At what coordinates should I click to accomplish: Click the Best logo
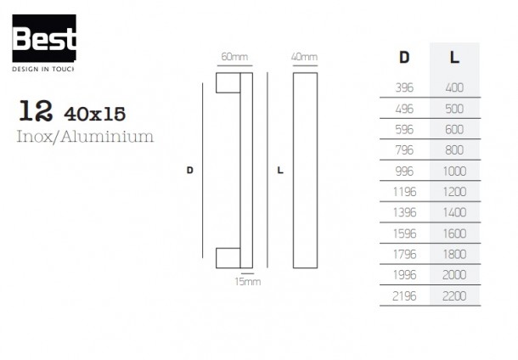pyautogui.click(x=44, y=42)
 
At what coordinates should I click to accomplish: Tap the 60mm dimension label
pyautogui.click(x=234, y=57)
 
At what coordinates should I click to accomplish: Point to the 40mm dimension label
pyautogui.click(x=304, y=57)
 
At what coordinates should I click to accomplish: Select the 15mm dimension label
pyautogui.click(x=248, y=282)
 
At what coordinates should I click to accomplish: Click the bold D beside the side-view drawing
pyautogui.click(x=189, y=170)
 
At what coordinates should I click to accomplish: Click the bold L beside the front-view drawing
pyautogui.click(x=280, y=170)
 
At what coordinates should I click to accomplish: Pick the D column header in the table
pyautogui.click(x=404, y=58)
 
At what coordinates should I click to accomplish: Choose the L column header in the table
pyautogui.click(x=454, y=58)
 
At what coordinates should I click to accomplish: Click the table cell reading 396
pyautogui.click(x=404, y=87)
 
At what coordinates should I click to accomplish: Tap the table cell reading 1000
pyautogui.click(x=454, y=171)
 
